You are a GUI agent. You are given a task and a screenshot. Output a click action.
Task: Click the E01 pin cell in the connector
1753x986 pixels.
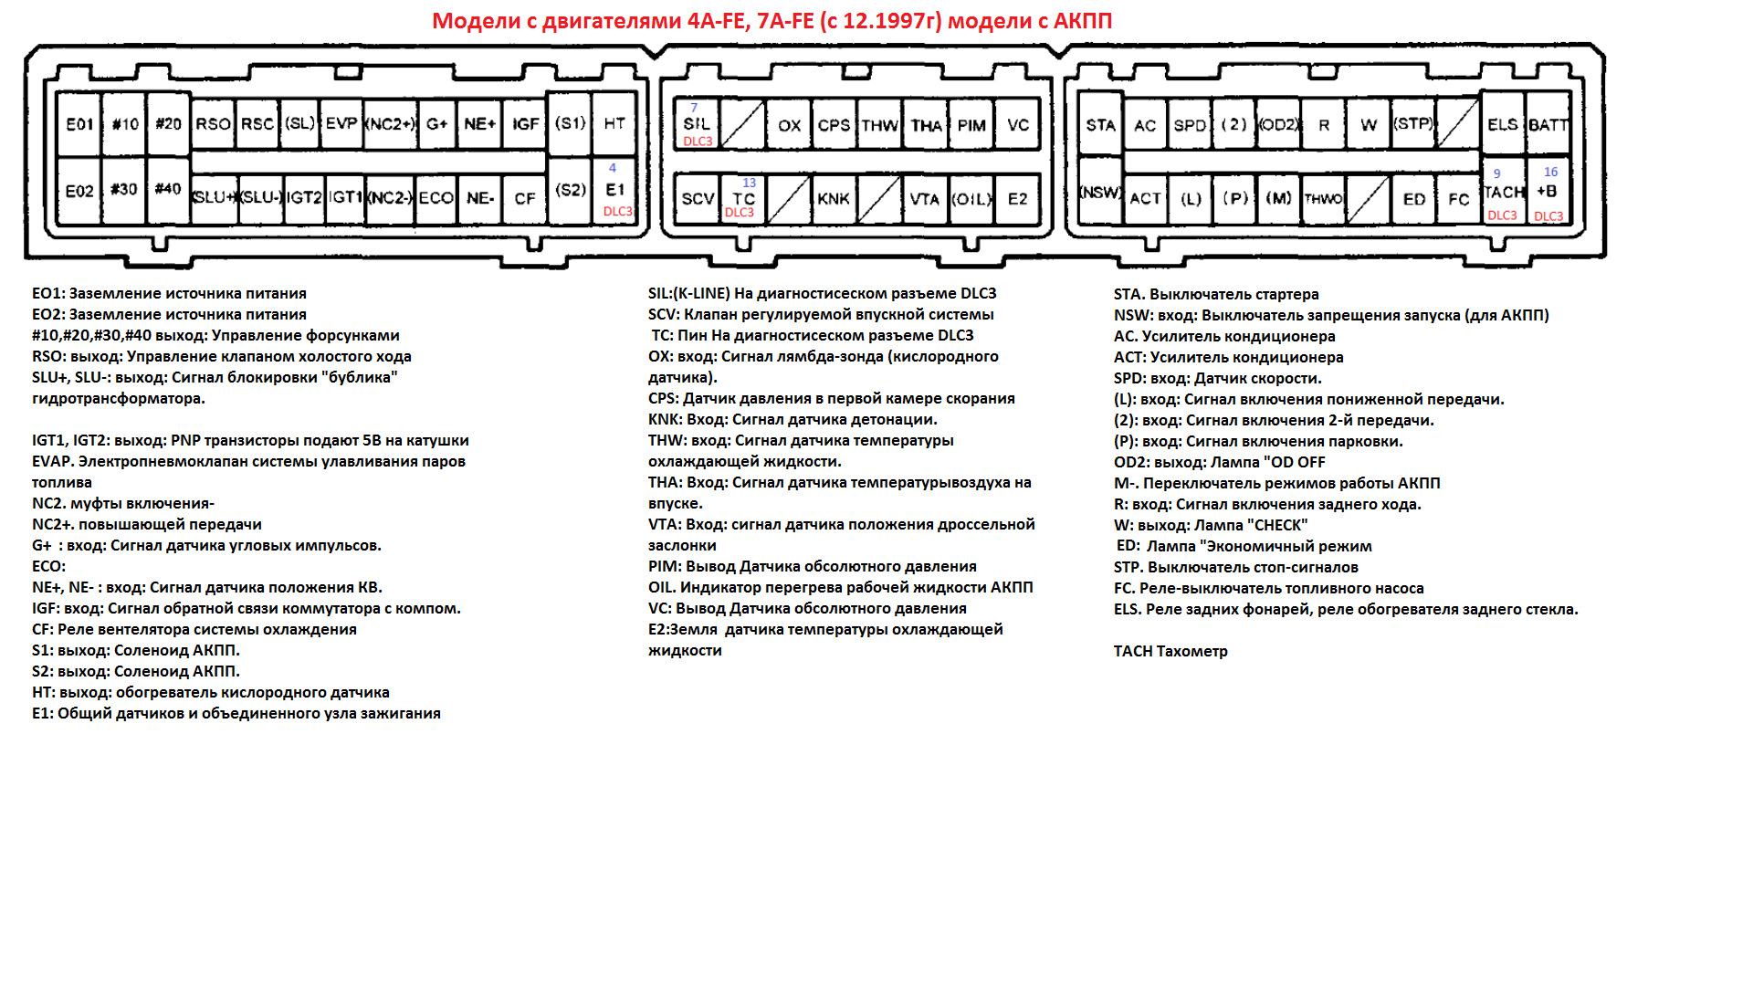pos(79,124)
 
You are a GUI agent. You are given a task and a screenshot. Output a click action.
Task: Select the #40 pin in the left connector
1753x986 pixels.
pos(168,189)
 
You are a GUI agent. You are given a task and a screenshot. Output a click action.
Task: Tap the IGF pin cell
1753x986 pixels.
pos(525,124)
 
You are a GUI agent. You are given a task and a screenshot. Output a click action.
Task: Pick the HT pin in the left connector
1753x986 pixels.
pos(614,123)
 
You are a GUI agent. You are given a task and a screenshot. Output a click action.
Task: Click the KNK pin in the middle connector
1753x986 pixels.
pos(833,199)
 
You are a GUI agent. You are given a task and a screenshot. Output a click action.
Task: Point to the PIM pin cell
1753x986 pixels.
pos(971,126)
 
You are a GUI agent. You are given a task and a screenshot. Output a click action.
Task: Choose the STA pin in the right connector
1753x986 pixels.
pos(1100,125)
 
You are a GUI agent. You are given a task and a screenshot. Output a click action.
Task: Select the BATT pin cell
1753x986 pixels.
pos(1548,125)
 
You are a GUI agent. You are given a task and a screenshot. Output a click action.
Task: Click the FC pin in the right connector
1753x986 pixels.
pos(1458,199)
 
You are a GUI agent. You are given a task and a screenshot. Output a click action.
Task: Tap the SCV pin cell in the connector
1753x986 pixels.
pos(698,199)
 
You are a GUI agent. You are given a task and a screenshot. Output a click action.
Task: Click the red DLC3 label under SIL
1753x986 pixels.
pos(698,142)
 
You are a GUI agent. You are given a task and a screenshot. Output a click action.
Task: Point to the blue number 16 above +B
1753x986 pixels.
pos(1550,172)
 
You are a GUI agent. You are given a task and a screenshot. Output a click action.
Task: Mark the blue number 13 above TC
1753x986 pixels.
pos(749,184)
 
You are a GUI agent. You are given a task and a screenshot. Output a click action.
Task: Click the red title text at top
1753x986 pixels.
pos(772,21)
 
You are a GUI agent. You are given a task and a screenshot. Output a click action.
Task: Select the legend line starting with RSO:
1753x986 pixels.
pos(222,356)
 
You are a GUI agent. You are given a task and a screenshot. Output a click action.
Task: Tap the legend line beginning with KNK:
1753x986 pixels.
pos(793,419)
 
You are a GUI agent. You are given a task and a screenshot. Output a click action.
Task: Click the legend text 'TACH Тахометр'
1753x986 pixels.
pos(1170,651)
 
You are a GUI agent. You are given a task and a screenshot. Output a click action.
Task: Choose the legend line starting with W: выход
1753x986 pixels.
pos(1211,525)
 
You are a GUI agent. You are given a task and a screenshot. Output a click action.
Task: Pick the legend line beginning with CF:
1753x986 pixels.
pos(194,629)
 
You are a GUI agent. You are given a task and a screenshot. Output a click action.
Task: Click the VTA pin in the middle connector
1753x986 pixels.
pos(924,199)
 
